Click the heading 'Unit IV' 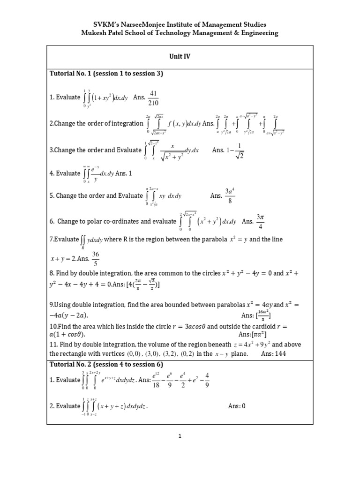(180, 56)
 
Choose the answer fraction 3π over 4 (261, 220)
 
